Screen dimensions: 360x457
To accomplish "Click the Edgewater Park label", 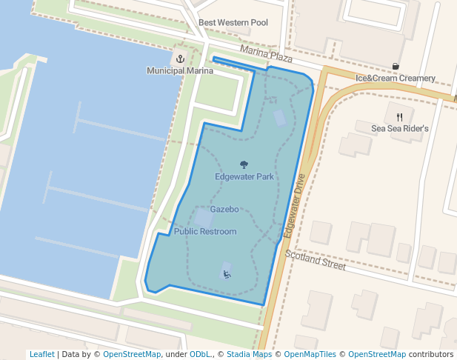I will point(244,177).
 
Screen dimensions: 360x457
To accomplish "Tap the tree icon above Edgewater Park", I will point(244,164).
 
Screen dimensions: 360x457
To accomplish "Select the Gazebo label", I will point(224,210).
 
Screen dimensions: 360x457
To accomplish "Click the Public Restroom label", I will point(205,232).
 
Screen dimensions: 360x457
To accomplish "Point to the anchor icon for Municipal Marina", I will point(179,59).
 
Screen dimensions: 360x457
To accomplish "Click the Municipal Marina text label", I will point(180,71).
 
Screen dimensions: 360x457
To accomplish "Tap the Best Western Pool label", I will point(233,23).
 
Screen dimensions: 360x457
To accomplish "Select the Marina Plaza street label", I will point(266,54).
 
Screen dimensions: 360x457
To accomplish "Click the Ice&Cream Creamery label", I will point(396,78).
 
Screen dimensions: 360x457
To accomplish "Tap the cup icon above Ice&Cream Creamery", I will point(396,66).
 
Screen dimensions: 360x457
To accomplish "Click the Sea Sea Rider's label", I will point(400,129).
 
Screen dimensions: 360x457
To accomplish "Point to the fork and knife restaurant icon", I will point(400,116).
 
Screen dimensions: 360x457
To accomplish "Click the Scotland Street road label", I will point(315,260).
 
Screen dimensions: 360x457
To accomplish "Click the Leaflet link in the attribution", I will point(41,355).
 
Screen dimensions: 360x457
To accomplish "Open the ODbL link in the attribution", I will point(200,355).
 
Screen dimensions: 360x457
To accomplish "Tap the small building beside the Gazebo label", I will point(203,218).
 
